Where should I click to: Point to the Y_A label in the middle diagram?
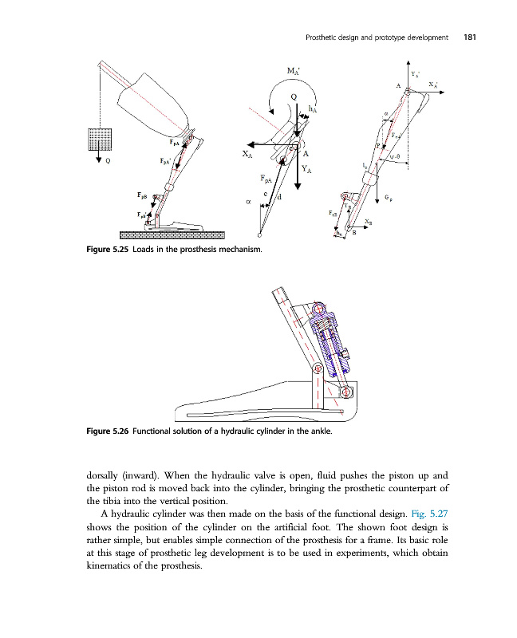[307, 169]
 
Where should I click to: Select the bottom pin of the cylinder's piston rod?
[346, 392]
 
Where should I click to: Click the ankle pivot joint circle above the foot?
[317, 368]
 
